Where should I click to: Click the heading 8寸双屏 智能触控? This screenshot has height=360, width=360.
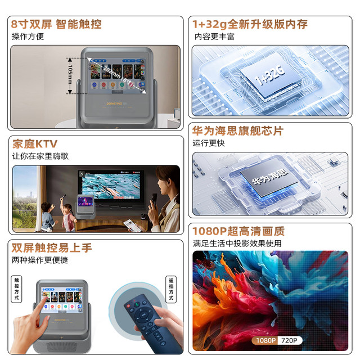click(56, 24)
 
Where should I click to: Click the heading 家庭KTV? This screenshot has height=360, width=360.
click(35, 143)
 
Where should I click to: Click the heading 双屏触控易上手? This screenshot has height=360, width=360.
click(52, 248)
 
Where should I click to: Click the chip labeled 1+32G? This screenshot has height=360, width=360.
click(269, 78)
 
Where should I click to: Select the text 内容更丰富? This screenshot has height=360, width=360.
click(214, 37)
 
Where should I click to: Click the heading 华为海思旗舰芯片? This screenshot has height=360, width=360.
click(238, 131)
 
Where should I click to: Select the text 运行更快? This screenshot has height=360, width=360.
click(209, 143)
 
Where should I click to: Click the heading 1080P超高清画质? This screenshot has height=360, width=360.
click(238, 231)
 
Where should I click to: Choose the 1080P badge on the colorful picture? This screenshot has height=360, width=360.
click(264, 340)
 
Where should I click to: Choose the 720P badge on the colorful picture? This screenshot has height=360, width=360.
click(290, 340)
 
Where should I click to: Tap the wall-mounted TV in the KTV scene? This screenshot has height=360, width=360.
click(108, 188)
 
